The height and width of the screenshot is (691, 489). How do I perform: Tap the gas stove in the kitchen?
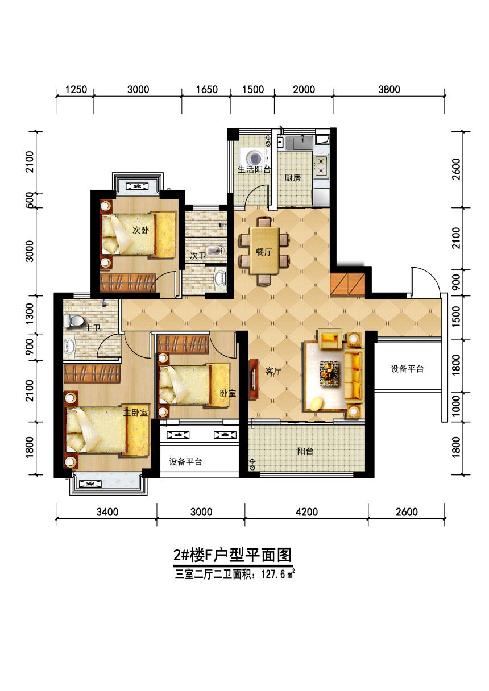point(321,166)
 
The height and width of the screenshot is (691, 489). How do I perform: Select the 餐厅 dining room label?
point(264,252)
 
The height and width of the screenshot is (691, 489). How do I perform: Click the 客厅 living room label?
point(273,371)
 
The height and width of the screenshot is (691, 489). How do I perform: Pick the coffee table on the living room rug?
point(329,373)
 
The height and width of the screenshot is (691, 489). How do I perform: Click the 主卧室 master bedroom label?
point(135,413)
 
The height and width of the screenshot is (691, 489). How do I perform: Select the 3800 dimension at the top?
point(389,90)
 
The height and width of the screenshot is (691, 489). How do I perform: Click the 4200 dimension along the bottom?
point(306,512)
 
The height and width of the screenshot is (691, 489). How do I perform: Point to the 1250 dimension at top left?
point(76,90)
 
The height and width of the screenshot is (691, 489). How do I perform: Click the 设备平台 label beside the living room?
point(407,369)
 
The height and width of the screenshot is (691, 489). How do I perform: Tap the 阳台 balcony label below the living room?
point(305,451)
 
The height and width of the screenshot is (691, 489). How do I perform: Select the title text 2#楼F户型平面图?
point(233,555)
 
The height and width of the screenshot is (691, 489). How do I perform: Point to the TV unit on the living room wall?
point(254,379)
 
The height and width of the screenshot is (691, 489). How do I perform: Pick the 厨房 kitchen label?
point(293,178)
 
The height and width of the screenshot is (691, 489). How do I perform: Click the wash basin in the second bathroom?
point(214,251)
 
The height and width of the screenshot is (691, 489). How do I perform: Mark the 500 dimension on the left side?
point(30,200)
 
